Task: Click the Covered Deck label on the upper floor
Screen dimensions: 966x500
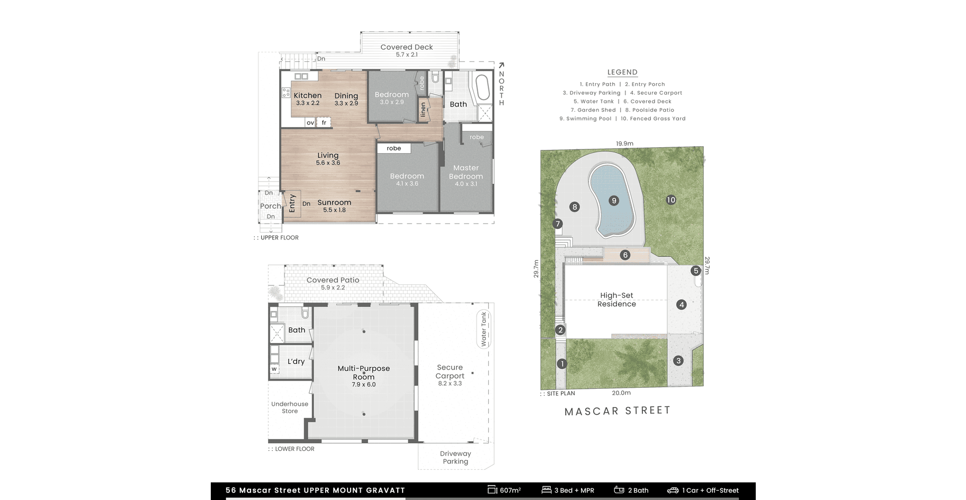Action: [x=407, y=47]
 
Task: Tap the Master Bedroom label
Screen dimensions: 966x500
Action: [x=466, y=172]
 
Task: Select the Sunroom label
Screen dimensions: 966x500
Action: [x=334, y=202]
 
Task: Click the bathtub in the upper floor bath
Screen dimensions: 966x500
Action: [x=482, y=88]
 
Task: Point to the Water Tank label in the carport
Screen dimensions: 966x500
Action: [x=484, y=329]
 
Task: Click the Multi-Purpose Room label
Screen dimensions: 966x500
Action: [x=364, y=372]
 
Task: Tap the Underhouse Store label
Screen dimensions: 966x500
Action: [x=290, y=407]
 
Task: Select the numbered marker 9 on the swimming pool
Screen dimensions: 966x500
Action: [x=614, y=201]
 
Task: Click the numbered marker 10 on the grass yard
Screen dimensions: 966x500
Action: [x=671, y=200]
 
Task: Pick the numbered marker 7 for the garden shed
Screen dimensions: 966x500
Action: [x=558, y=224]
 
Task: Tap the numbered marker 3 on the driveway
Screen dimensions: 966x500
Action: [x=678, y=361]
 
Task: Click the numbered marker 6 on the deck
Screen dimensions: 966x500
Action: [x=625, y=255]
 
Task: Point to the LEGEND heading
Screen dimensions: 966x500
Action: [x=622, y=72]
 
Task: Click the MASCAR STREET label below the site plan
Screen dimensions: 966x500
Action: [x=618, y=411]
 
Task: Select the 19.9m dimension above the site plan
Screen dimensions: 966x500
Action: [x=625, y=144]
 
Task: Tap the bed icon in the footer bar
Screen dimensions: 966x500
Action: [x=547, y=490]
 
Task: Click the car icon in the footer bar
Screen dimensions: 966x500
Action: [x=673, y=490]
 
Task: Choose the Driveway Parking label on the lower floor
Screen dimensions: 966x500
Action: [x=455, y=458]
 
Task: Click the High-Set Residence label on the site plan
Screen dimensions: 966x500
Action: [x=616, y=300]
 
